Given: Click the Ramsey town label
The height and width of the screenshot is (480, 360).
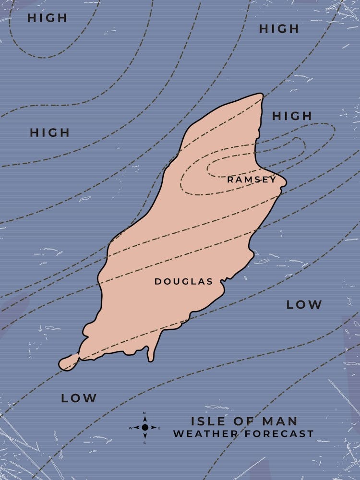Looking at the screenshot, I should (x=252, y=180).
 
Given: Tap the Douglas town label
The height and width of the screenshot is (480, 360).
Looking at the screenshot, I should (x=183, y=282).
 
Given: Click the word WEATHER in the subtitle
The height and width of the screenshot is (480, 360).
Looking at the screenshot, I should (x=206, y=434).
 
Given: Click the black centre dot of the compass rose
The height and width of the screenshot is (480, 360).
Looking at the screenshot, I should (x=145, y=427).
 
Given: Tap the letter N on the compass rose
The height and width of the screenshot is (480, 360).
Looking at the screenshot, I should (x=145, y=413).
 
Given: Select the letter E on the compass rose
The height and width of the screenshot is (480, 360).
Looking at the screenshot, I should (x=159, y=428).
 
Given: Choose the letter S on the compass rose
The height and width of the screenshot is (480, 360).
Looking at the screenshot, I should (x=145, y=442).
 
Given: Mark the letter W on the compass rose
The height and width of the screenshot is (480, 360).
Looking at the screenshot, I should (x=130, y=428).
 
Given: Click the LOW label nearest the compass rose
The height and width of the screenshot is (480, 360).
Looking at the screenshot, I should (x=79, y=398).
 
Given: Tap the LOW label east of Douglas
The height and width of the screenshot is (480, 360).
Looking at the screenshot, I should (x=304, y=304).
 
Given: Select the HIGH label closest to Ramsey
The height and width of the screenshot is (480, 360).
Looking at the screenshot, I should (x=292, y=116).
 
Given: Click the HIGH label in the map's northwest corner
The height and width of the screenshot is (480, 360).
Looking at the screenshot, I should (x=47, y=18).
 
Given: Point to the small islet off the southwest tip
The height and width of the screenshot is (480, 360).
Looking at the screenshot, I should (x=69, y=361).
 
